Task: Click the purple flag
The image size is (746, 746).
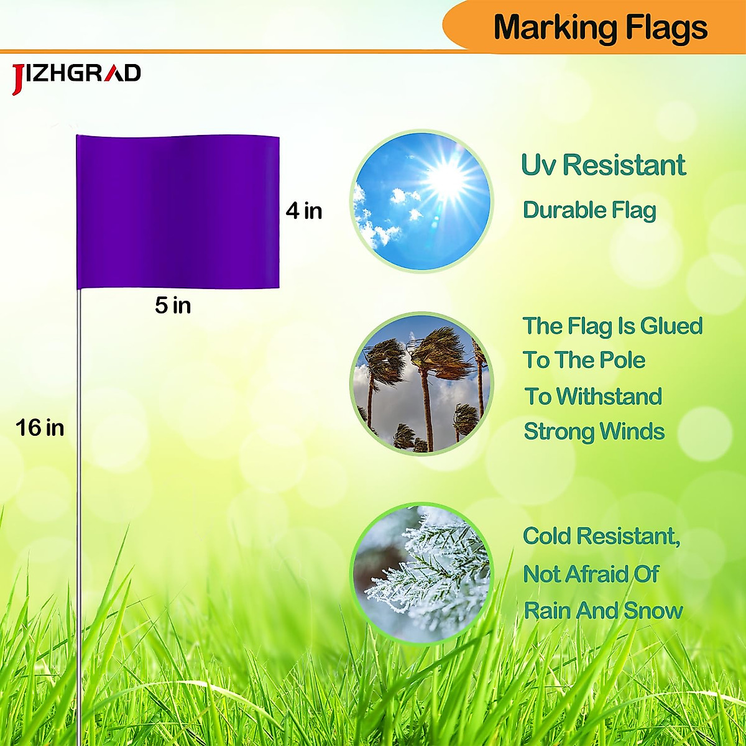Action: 178,211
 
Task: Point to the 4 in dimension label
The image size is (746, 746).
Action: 304,211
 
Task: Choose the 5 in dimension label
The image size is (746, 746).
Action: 173,305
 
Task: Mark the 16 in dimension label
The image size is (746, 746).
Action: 40,428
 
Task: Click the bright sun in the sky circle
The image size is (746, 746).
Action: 445,180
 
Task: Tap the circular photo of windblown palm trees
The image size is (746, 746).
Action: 421,384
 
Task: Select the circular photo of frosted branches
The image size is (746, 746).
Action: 421,573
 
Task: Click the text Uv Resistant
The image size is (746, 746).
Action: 603,165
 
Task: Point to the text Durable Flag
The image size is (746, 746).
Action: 589,210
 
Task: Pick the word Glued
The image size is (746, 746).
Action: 671,326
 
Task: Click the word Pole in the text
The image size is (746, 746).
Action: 622,360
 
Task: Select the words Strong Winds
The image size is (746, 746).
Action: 594,431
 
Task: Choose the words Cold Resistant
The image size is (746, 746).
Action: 601,536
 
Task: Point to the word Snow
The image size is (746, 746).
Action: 653,610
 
